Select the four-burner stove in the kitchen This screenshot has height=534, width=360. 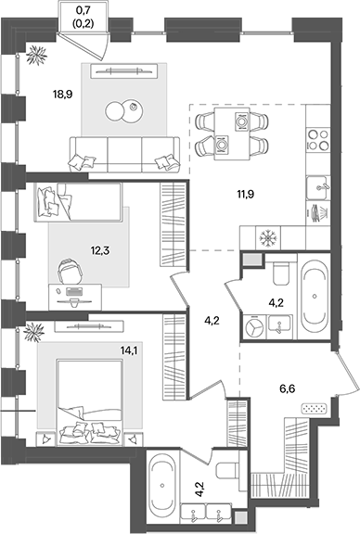coord(318,138)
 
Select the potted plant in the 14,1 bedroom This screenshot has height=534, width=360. coord(38,330)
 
